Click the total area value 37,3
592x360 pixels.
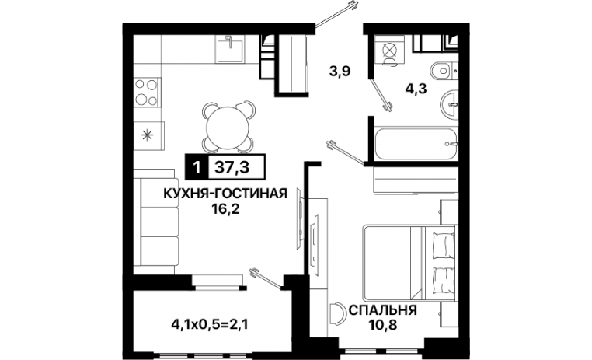tap(232, 166)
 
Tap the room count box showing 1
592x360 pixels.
tap(196, 166)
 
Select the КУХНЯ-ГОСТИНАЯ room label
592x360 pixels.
tap(225, 194)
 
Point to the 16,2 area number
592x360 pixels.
tap(226, 208)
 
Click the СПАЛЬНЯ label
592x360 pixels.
tap(383, 310)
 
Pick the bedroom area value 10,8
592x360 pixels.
tap(382, 325)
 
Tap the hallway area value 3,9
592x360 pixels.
tap(340, 71)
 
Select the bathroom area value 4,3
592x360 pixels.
tap(416, 89)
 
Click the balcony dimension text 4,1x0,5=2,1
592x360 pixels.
tap(210, 323)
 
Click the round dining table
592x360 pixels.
tap(228, 127)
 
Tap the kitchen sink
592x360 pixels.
tap(230, 49)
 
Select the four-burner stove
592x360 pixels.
tap(147, 93)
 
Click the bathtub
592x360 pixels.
tap(416, 144)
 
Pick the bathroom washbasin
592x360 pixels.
tap(449, 103)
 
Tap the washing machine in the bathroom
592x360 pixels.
tap(390, 51)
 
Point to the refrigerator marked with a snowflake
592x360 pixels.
tap(148, 135)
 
